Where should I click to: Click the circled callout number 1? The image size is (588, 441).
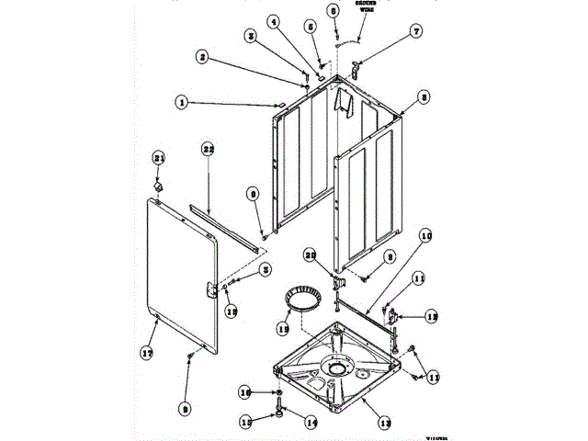coord(182,103)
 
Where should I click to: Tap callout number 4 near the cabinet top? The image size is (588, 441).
coord(273,20)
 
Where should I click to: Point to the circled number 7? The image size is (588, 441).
coord(416,31)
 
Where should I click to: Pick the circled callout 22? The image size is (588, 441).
coord(208,149)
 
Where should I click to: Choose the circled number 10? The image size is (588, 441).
coord(426,236)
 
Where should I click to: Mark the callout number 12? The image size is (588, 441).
coord(432,316)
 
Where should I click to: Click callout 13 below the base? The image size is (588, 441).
coord(385,423)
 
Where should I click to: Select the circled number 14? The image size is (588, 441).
coord(311,423)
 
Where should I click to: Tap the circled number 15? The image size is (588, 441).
coord(244,423)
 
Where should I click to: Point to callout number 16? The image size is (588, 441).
coord(244,392)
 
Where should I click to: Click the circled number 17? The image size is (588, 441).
coord(144,351)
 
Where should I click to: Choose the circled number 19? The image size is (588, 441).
coord(284,328)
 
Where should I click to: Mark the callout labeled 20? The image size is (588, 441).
coord(310,254)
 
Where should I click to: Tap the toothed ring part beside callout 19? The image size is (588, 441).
coord(302,300)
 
